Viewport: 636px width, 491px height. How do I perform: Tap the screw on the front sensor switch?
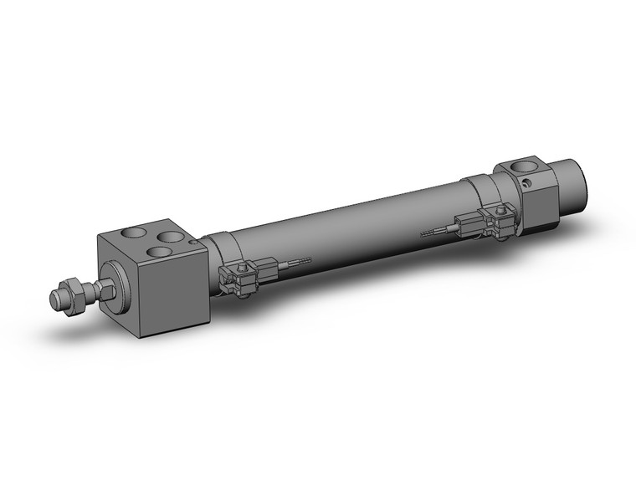[x=244, y=269]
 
